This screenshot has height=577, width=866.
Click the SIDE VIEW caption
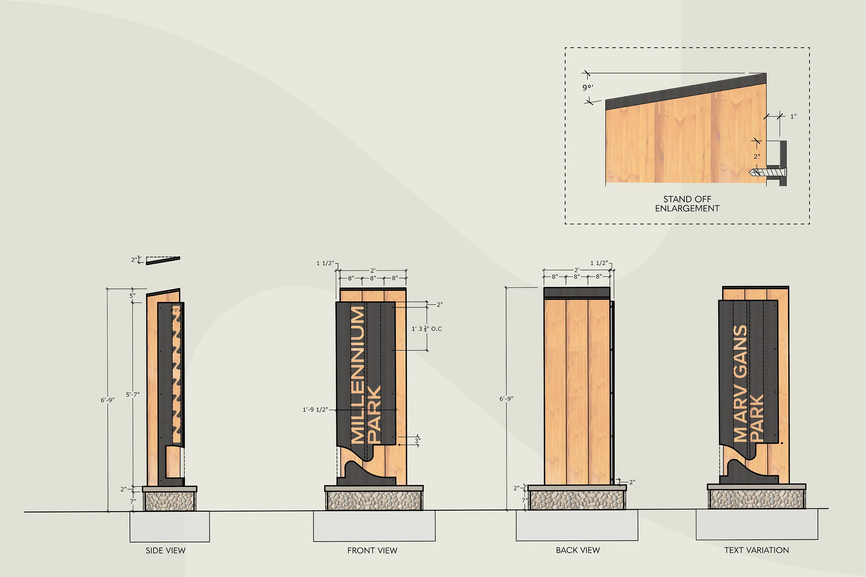(x=165, y=550)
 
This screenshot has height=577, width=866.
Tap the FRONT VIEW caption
(x=372, y=550)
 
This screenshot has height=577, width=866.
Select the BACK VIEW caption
(x=578, y=550)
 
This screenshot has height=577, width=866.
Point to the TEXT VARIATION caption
(x=757, y=550)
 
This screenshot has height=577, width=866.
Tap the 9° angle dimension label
(x=588, y=87)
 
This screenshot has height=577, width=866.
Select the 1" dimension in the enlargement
(x=794, y=116)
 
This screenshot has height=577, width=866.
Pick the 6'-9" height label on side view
(x=107, y=400)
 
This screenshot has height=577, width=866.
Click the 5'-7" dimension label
(x=132, y=394)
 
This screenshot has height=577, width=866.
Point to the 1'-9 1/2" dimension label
(x=315, y=410)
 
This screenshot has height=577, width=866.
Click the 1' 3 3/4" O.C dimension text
(x=427, y=329)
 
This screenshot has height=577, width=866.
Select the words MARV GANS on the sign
(x=740, y=383)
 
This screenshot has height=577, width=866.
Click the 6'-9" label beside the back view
(x=506, y=398)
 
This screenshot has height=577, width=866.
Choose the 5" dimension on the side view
(x=132, y=295)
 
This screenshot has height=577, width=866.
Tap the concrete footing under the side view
(x=170, y=526)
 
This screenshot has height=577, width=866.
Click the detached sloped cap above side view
(x=163, y=261)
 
